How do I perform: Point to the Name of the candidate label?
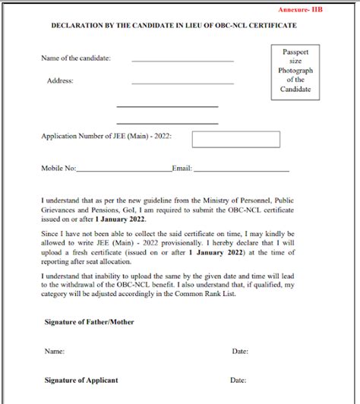(76, 58)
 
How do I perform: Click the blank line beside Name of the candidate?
(182, 60)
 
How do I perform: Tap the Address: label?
(60, 80)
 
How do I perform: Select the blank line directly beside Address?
(182, 82)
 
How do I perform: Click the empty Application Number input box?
(235, 140)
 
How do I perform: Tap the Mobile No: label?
(59, 167)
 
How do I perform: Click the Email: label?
(182, 167)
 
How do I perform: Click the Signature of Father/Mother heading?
(89, 322)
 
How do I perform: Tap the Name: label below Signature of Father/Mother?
(54, 352)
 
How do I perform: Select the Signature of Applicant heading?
(83, 379)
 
